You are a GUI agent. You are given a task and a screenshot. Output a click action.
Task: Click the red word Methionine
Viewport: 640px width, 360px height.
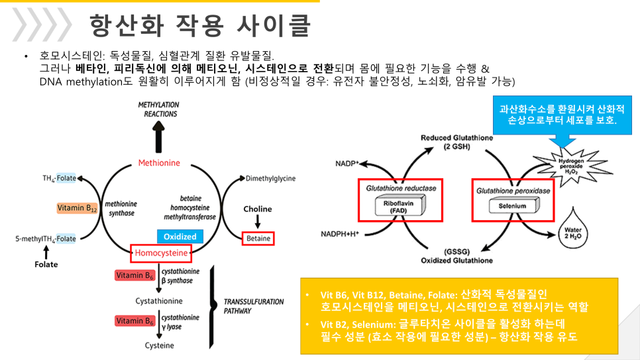tap(159, 163)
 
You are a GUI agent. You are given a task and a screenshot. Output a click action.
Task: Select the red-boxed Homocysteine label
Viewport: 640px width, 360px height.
tap(161, 253)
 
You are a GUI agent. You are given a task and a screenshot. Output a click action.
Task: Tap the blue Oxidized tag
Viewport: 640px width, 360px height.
tap(180, 237)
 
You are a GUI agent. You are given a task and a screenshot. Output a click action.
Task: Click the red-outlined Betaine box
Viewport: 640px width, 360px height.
tap(258, 238)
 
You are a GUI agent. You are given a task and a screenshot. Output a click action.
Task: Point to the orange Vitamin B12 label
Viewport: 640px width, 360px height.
tap(77, 208)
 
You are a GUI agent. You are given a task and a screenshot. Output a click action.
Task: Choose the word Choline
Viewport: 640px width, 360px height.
tap(258, 209)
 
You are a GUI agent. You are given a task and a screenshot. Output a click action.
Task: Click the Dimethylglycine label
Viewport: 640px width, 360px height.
tap(270, 178)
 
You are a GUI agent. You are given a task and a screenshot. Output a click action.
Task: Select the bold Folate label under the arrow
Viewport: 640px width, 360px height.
tap(46, 265)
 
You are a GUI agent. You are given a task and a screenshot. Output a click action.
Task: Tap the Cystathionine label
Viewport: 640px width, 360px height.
tap(159, 301)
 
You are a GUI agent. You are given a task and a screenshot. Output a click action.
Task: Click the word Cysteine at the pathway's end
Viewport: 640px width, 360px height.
tap(159, 345)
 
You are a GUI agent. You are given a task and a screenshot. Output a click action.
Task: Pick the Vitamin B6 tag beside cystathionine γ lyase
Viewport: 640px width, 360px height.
tap(134, 321)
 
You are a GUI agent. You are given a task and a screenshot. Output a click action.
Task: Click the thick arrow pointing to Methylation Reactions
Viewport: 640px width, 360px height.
tap(159, 137)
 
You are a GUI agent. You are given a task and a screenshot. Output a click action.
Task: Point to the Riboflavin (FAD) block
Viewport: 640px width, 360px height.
tap(400, 206)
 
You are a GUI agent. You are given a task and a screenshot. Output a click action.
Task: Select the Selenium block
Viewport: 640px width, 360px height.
tap(514, 206)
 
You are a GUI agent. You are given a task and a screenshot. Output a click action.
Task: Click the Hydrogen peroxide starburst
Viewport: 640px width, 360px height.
tap(571, 166)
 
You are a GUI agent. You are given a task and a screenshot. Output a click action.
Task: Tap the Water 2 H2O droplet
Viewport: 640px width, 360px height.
tap(572, 229)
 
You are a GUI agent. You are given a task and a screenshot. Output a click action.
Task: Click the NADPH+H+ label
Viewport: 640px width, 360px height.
tap(340, 234)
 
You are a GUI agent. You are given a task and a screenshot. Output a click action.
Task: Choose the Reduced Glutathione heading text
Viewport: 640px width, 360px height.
tap(456, 142)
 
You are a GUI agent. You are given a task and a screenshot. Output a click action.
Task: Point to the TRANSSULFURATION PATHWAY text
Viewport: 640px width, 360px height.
tap(254, 306)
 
